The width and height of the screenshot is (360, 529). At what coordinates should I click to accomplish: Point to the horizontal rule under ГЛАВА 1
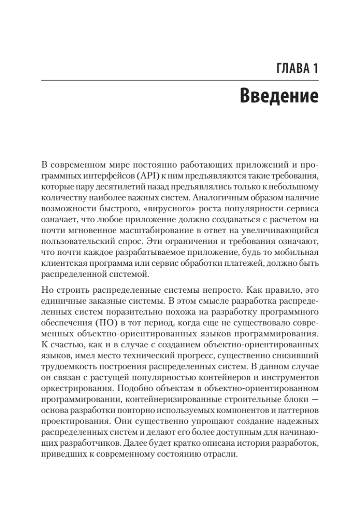pos(180,80)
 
